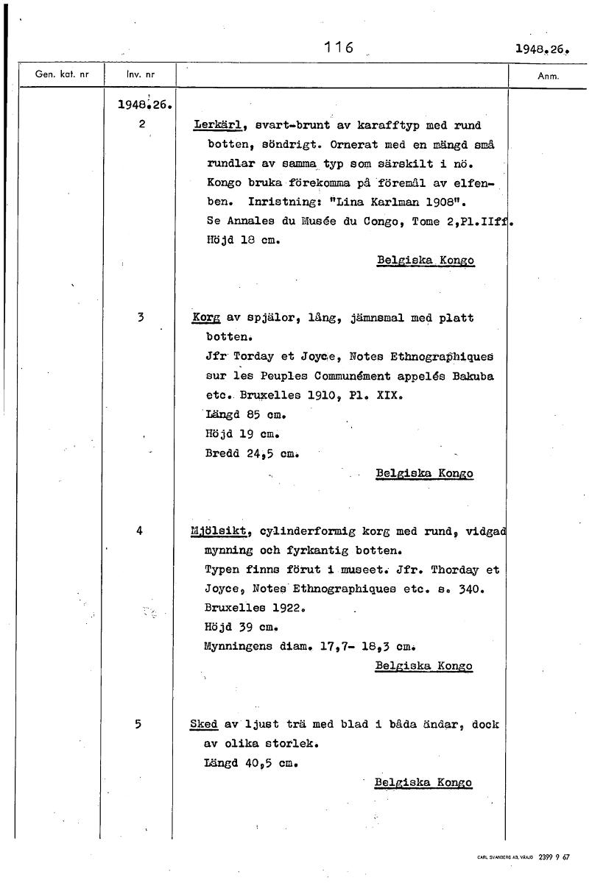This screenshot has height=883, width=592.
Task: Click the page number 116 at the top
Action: [339, 49]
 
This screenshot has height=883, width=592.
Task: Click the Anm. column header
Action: [549, 76]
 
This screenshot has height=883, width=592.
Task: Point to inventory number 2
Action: [140, 124]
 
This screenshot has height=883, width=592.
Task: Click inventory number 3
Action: [139, 317]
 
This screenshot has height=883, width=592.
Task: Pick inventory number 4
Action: [139, 530]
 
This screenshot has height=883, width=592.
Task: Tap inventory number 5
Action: [138, 723]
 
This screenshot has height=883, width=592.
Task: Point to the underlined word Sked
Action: [203, 724]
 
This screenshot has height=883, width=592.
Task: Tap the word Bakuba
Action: [473, 375]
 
